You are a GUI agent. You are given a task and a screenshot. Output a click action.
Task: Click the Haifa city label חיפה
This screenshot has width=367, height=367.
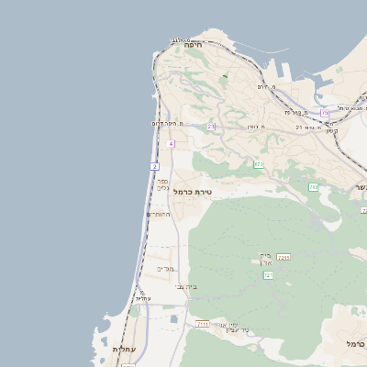(193, 44)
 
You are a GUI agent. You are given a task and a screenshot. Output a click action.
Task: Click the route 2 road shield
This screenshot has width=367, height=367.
(155, 166)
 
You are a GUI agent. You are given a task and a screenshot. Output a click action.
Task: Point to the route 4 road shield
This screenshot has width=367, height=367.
(172, 144)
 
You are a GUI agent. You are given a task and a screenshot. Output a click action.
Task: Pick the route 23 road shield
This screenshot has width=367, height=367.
(211, 127)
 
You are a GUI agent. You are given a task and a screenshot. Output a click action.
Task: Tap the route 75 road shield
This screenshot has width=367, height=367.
(325, 112)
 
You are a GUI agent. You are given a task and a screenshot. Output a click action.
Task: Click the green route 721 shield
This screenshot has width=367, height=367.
(268, 274)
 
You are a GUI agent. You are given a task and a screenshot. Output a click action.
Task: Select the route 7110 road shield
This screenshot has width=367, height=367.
(284, 258)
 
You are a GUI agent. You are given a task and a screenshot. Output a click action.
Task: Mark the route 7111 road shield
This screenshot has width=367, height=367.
(203, 324)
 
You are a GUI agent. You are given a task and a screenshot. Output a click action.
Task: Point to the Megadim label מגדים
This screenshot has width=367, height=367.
(164, 269)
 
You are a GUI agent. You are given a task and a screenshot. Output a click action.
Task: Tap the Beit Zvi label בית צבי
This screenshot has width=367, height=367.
(186, 286)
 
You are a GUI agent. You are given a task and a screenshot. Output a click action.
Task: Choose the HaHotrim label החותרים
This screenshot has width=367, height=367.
(158, 214)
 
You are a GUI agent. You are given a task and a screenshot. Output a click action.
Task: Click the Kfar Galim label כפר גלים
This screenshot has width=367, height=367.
(162, 185)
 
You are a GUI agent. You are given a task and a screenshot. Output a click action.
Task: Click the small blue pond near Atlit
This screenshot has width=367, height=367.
(174, 319)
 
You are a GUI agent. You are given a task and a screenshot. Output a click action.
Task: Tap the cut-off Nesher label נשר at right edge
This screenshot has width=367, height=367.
(359, 187)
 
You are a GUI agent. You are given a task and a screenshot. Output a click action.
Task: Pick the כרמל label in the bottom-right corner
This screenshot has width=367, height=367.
(355, 343)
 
